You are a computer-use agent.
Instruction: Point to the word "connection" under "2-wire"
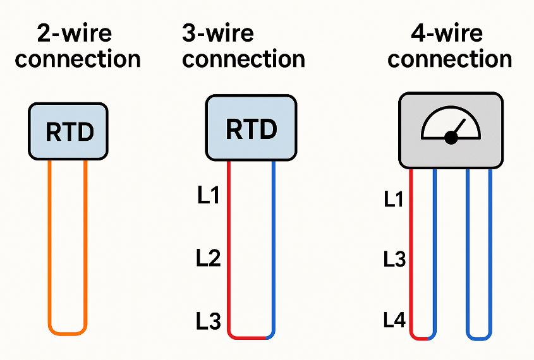pyautogui.click(x=78, y=59)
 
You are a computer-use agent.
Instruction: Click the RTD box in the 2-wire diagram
pyautogui.click(x=68, y=132)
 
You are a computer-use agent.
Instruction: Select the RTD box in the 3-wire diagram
pyautogui.click(x=251, y=129)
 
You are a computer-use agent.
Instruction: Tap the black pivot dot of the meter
pyautogui.click(x=451, y=138)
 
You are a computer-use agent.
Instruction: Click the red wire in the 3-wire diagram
pyautogui.click(x=228, y=253)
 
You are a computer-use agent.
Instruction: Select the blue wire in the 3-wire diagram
pyautogui.click(x=274, y=253)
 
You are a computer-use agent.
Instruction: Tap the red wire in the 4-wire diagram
pyautogui.click(x=411, y=253)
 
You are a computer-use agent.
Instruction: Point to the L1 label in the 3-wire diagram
pyautogui.click(x=208, y=196)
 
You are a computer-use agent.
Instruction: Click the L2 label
pyautogui.click(x=208, y=258)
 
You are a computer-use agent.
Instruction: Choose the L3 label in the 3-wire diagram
pyautogui.click(x=208, y=322)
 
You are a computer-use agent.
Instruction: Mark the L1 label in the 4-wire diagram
pyautogui.click(x=394, y=200)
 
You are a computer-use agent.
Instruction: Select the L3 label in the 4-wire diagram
pyautogui.click(x=394, y=259)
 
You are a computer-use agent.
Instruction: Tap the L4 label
pyautogui.click(x=394, y=321)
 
